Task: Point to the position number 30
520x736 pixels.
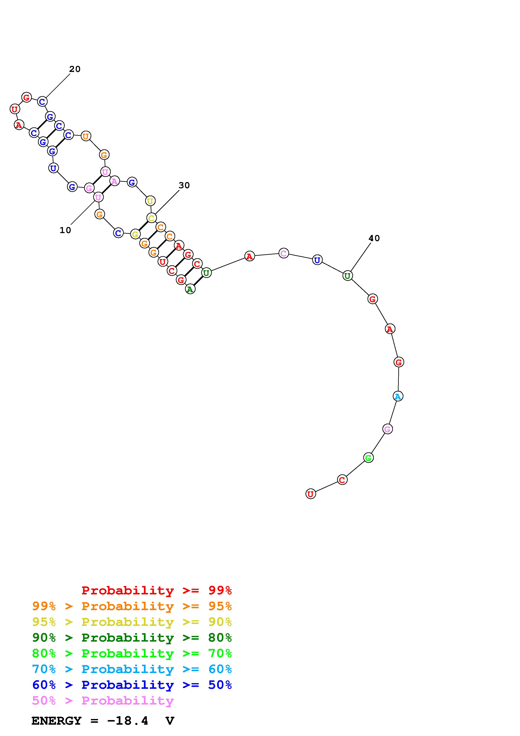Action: click(184, 185)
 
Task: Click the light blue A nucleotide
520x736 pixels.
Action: click(398, 396)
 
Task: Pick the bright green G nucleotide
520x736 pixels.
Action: click(369, 458)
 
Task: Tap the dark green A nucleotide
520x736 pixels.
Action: click(190, 289)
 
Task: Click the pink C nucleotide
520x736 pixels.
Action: click(284, 253)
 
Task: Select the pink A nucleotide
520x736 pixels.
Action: click(114, 181)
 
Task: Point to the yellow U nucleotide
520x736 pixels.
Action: click(150, 201)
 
